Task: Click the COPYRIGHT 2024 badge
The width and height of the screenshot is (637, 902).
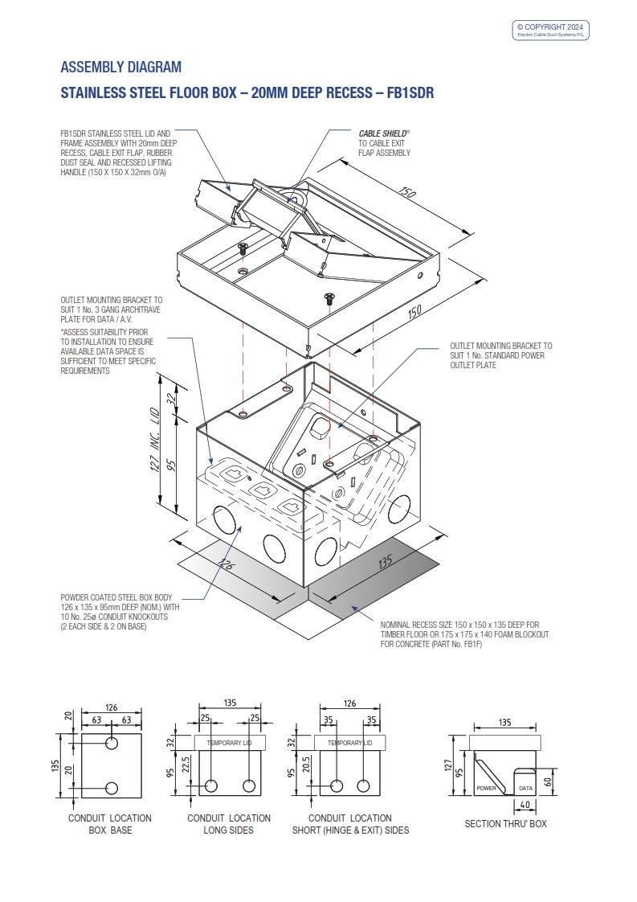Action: point(551,30)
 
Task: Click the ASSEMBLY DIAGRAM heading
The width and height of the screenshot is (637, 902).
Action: point(120,67)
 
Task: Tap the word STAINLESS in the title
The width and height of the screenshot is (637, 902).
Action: point(93,92)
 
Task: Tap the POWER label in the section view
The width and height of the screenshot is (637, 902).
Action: point(487,789)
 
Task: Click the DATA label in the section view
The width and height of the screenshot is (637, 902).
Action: point(525,789)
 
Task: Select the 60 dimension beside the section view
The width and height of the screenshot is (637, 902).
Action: point(548,780)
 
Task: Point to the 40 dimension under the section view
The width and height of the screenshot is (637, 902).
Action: point(524,805)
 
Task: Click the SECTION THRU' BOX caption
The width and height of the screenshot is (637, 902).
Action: point(505,824)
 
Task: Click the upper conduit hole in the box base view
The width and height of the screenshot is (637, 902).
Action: point(112,740)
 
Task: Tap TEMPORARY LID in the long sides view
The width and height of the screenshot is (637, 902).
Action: point(230,743)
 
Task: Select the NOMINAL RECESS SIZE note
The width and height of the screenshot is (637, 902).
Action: point(464,634)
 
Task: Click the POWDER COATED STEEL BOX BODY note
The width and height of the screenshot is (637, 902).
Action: point(120,612)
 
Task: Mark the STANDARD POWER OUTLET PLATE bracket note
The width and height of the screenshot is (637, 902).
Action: point(500,355)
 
